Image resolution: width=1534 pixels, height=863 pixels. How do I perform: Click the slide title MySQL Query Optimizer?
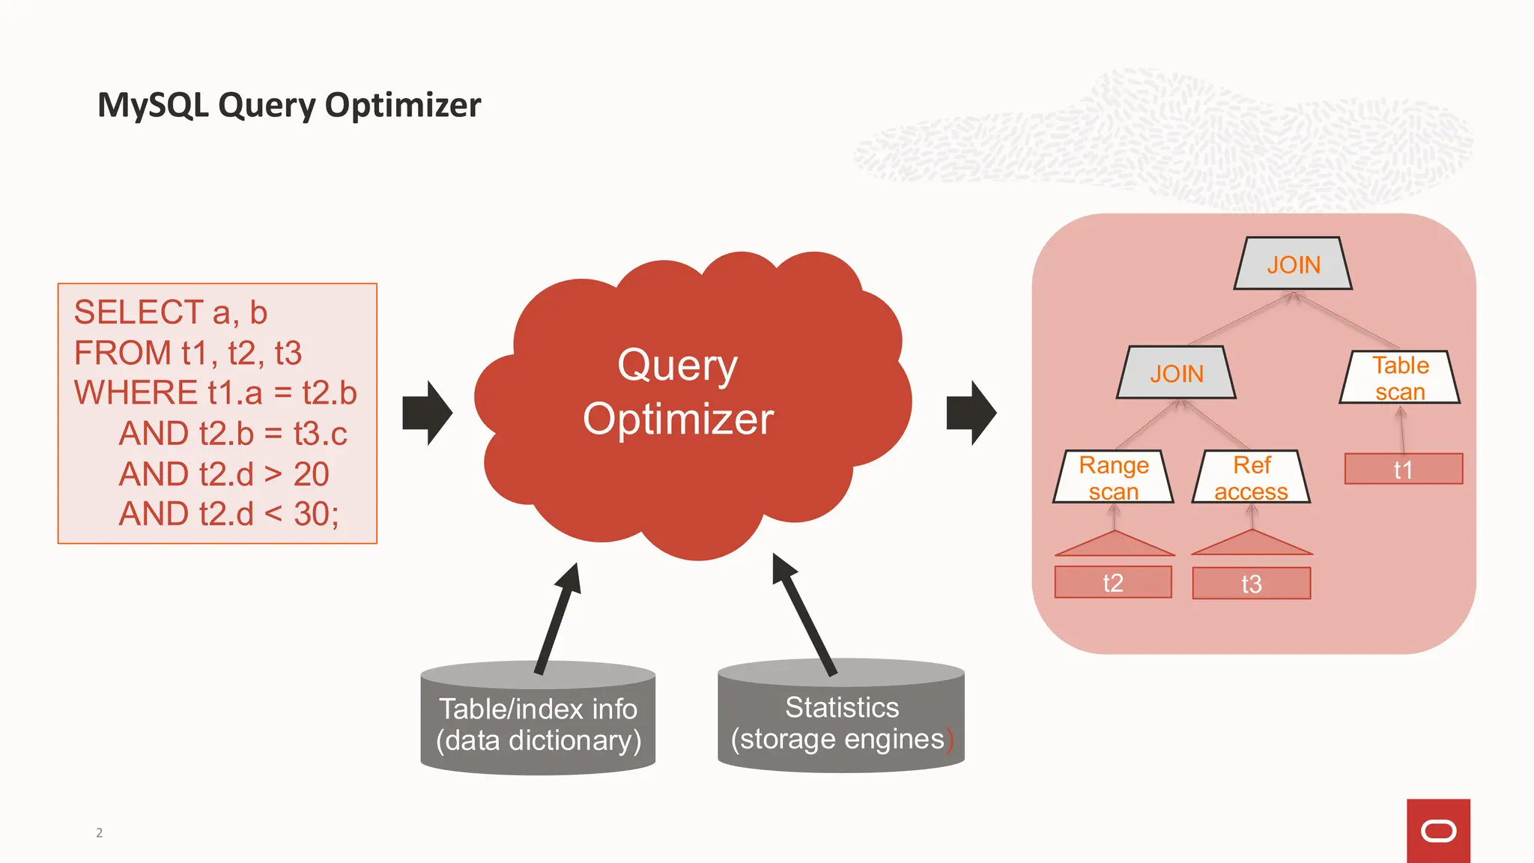tap(289, 105)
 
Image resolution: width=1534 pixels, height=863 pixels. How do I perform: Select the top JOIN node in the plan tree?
tap(1293, 264)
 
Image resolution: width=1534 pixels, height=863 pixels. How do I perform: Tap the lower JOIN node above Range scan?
tap(1176, 373)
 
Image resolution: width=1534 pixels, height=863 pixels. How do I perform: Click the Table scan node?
tap(1400, 378)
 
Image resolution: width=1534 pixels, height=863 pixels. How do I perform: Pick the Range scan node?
tap(1113, 477)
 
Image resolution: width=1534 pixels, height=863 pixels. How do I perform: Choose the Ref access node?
tap(1251, 477)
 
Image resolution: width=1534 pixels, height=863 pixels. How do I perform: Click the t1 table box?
tap(1403, 470)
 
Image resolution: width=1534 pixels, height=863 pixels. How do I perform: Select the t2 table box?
tap(1113, 583)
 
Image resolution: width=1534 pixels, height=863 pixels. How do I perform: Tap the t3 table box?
tap(1251, 584)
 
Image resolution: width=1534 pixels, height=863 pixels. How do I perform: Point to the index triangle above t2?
tap(1115, 545)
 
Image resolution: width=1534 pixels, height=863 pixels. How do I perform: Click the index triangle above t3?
tap(1252, 545)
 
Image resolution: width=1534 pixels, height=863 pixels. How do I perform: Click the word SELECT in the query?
tap(139, 312)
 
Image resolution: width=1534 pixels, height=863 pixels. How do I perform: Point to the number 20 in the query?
tap(311, 474)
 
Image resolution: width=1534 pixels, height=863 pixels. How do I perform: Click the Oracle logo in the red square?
tap(1438, 831)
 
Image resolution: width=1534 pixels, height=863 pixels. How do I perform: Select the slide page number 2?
tap(99, 832)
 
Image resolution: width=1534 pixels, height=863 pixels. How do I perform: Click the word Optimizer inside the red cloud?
tap(678, 419)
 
